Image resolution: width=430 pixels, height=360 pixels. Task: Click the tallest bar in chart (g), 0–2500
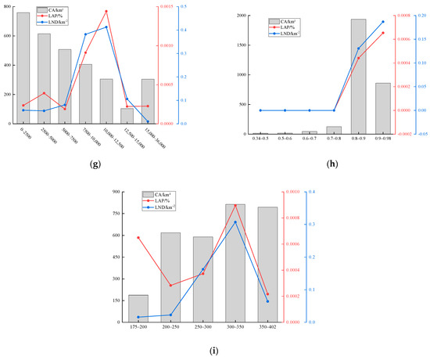point(23,68)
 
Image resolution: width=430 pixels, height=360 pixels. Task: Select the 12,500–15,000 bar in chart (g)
point(127,116)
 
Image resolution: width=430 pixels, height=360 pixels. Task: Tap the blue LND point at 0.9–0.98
point(383,22)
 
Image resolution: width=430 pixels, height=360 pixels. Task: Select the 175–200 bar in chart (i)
point(138,308)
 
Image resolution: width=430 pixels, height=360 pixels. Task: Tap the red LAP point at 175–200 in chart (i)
point(138,237)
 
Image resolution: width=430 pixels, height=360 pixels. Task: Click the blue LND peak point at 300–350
point(235,222)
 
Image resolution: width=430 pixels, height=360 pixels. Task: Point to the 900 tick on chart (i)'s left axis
point(116,192)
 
